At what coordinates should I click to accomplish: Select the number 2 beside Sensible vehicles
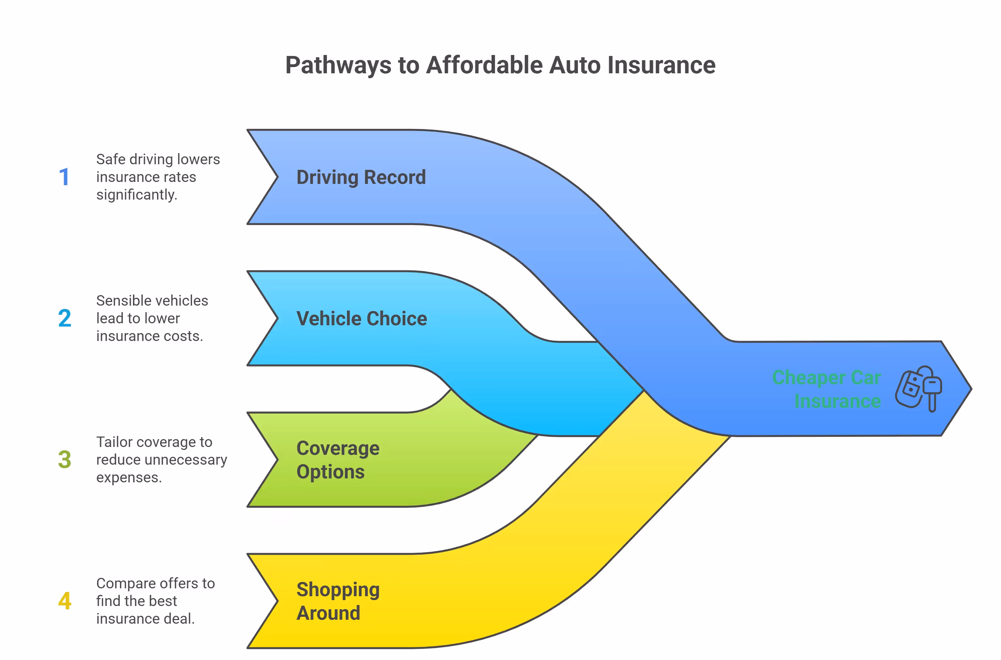click(x=64, y=318)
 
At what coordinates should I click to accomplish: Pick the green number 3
click(x=64, y=460)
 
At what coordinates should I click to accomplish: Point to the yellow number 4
click(x=64, y=601)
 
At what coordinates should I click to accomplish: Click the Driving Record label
click(x=361, y=177)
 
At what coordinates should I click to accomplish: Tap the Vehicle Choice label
click(x=361, y=319)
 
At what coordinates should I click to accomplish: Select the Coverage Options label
click(x=338, y=460)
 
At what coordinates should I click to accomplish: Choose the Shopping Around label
click(x=338, y=601)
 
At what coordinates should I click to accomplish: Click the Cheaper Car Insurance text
click(x=826, y=389)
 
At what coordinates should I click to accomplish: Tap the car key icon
click(x=919, y=388)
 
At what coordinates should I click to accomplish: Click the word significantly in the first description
click(x=137, y=195)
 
